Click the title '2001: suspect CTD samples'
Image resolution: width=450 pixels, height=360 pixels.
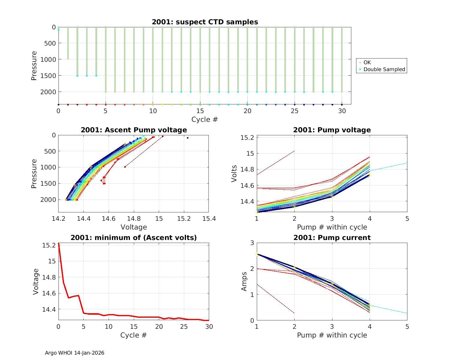[x=205, y=22]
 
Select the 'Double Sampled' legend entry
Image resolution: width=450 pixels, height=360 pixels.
[x=384, y=69]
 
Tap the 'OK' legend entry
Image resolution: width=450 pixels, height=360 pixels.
[x=367, y=62]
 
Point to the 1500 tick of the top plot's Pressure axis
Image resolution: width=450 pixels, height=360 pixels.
[x=48, y=76]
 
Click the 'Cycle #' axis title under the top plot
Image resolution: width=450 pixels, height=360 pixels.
[x=205, y=119]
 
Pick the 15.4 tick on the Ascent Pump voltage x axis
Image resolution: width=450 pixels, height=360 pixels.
[x=209, y=219]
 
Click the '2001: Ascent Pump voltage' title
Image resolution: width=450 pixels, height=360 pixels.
[x=134, y=130]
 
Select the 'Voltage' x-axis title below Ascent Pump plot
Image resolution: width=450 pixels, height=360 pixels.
[x=134, y=227]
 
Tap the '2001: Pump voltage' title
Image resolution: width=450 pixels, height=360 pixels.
[x=332, y=130]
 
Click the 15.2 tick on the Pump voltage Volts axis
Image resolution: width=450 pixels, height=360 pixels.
[x=247, y=137]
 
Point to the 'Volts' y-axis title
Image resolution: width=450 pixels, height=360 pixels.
[x=234, y=174]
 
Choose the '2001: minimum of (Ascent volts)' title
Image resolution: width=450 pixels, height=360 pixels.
[x=134, y=238]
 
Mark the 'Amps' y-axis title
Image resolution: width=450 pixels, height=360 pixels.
[x=244, y=281]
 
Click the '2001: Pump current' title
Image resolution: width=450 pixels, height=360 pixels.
[x=332, y=238]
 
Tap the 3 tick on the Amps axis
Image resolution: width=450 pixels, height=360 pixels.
[x=252, y=243]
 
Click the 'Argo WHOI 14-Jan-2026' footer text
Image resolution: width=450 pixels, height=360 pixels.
[x=74, y=353]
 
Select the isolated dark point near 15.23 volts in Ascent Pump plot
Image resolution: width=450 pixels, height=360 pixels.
[x=187, y=138]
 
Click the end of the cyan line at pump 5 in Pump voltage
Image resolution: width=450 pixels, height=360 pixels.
[x=407, y=163]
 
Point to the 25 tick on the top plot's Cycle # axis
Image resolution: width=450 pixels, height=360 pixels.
[x=295, y=111]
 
